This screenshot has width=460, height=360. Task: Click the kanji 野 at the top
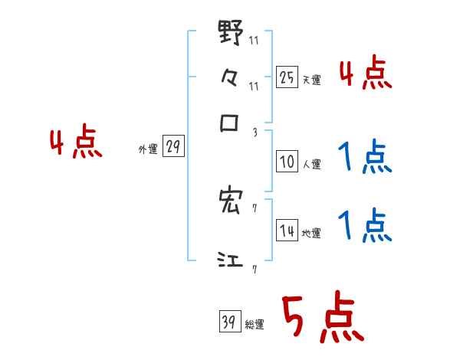click(231, 33)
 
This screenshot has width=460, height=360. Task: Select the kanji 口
click(230, 123)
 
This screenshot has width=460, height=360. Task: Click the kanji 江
click(230, 261)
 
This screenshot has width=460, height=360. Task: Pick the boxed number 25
click(287, 77)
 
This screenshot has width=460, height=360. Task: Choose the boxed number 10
click(287, 161)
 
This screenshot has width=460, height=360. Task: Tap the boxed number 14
click(287, 231)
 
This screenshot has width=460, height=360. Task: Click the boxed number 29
click(173, 147)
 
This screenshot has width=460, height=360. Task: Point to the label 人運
click(311, 164)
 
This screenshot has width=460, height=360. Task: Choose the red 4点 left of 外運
click(76, 143)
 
